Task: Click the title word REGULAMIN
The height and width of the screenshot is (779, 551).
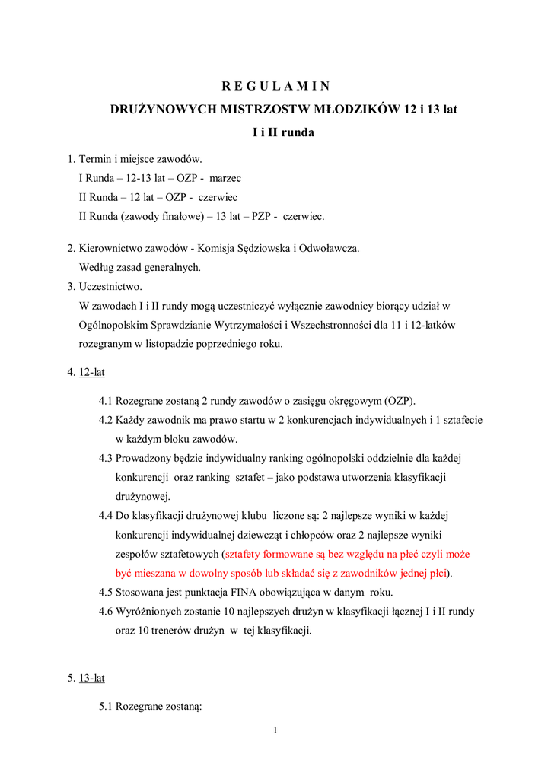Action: (x=275, y=86)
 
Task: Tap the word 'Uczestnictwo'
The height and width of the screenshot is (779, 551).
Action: (x=110, y=287)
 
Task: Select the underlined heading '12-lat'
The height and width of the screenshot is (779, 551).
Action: (x=92, y=373)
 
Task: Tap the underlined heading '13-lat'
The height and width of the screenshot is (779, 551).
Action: (x=92, y=678)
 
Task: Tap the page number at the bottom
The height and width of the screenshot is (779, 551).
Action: (x=275, y=731)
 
